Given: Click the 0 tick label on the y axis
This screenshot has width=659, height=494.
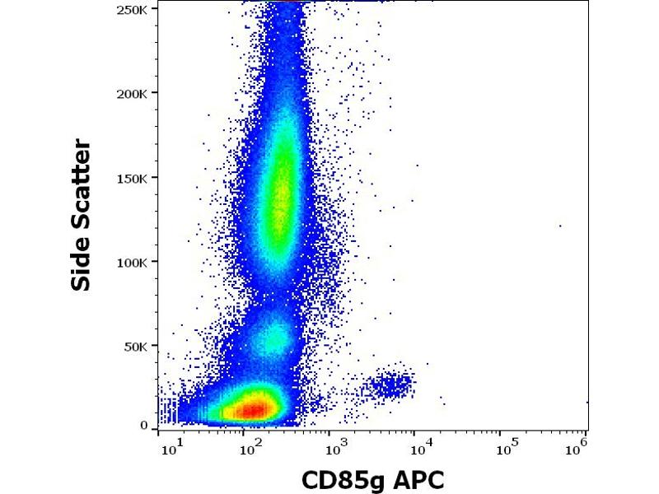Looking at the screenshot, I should (x=144, y=426).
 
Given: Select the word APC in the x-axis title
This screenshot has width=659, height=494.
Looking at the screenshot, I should (x=417, y=479).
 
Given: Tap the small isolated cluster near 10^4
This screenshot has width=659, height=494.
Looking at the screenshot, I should (x=390, y=384).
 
